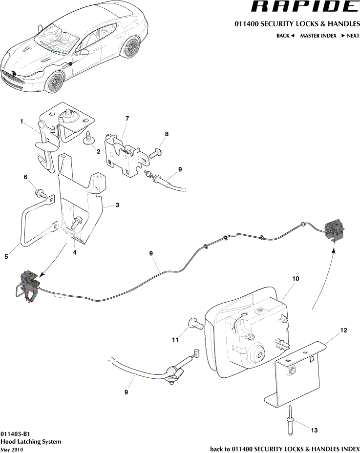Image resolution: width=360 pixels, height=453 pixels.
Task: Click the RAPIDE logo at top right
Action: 303,7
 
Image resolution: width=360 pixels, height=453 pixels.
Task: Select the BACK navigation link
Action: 285,36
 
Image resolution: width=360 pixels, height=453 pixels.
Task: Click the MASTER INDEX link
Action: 318,36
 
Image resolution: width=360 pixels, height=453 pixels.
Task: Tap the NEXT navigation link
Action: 350,36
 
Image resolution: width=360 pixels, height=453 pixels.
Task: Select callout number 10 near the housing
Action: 296,279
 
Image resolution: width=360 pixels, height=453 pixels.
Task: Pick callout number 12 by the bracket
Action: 344,330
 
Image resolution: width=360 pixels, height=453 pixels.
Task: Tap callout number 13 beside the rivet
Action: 314,430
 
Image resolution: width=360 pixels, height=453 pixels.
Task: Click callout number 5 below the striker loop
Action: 6,256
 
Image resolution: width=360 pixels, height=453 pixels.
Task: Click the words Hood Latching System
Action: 31,442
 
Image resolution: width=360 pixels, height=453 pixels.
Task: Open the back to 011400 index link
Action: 285,449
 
